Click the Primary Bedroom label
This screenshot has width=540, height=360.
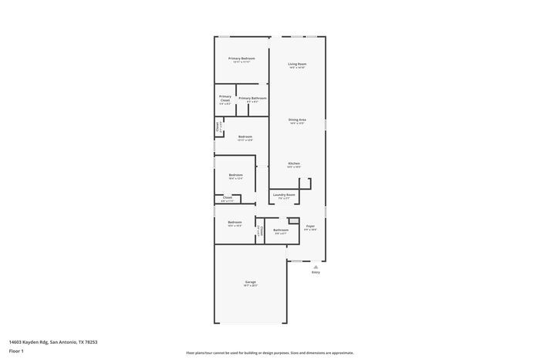241,59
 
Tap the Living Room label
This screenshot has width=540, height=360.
297,64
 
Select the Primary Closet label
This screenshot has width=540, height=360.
225,98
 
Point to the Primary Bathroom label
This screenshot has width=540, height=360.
252,98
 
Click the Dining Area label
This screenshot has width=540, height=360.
297,119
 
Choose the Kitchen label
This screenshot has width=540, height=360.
294,163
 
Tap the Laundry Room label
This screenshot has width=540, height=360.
284,195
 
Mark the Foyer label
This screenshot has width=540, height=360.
310,226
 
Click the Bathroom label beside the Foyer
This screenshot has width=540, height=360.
281,230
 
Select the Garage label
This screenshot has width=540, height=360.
251,282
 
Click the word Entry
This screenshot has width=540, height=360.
316,272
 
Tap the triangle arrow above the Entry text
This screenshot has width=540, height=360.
316,266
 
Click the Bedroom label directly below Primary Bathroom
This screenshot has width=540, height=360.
245,136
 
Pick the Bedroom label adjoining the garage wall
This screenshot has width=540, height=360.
235,222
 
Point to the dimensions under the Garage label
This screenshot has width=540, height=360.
251,286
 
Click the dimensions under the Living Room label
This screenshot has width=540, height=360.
297,68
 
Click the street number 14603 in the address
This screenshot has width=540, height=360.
17,341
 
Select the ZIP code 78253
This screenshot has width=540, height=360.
91,341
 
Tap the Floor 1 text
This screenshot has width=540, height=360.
16,351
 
